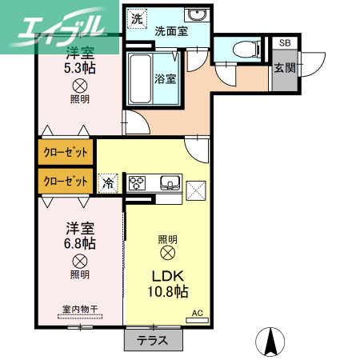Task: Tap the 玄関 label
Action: pos(284,68)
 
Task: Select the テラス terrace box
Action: pos(153,338)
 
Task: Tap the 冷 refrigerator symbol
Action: pos(107,183)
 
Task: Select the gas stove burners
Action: pos(137,182)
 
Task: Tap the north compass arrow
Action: pos(270,342)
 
